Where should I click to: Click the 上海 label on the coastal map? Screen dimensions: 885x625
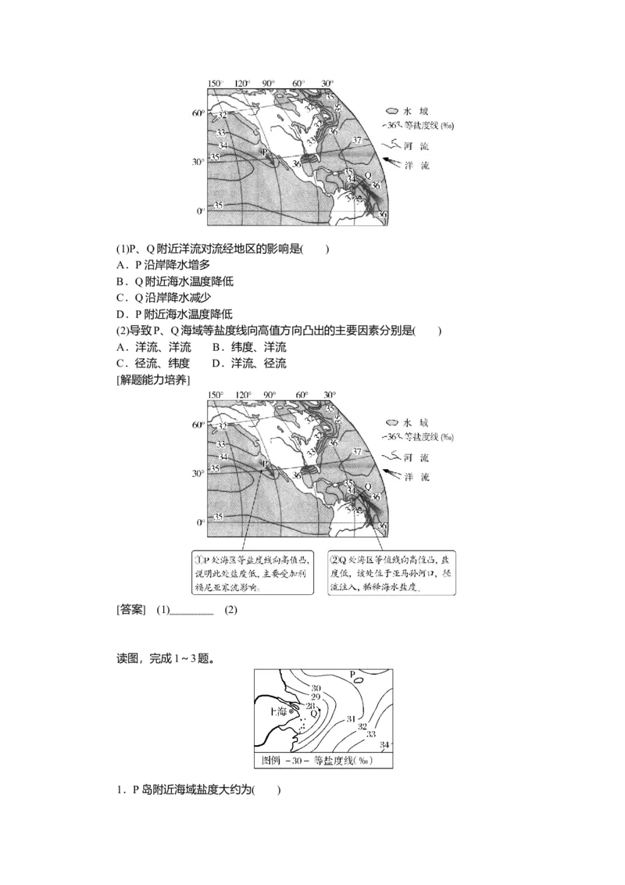tap(277, 711)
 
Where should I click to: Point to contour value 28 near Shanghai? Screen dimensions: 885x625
tap(311, 705)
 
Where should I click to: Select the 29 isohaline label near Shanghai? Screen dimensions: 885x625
tap(315, 696)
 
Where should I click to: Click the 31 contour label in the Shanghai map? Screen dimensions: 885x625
tap(352, 718)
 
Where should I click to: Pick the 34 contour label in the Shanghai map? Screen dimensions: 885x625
tap(384, 745)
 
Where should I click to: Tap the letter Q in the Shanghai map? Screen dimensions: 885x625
tap(313, 714)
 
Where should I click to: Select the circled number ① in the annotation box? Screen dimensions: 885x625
tap(198, 559)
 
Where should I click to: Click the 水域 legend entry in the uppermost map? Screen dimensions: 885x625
tap(412, 113)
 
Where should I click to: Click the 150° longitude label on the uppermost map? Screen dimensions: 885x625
tap(216, 83)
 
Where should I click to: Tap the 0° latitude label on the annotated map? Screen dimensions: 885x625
tap(200, 521)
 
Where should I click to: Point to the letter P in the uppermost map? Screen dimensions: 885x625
tap(264, 152)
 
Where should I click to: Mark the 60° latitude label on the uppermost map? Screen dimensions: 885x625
tap(198, 113)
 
